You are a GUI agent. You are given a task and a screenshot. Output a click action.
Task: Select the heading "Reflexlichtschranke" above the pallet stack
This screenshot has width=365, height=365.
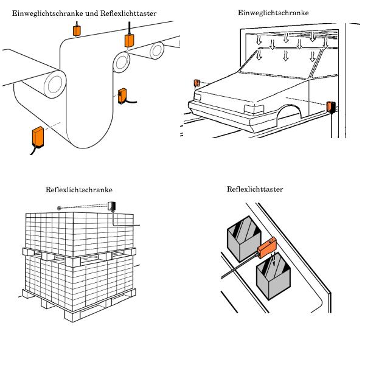point(79,189)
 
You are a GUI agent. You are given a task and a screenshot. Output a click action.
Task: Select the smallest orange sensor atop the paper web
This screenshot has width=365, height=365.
point(77,29)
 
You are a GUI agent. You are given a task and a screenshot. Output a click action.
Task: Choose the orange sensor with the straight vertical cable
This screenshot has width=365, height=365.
point(130,40)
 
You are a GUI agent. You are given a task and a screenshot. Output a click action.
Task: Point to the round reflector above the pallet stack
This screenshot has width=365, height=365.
point(60,208)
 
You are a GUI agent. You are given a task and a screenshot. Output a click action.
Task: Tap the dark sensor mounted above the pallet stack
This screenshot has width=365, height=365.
point(113,206)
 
